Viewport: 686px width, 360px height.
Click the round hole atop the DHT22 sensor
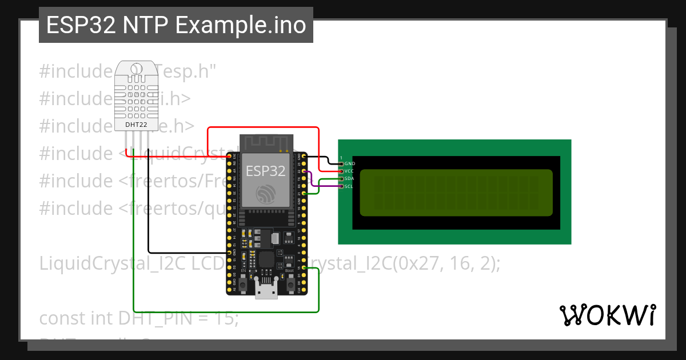click(136, 69)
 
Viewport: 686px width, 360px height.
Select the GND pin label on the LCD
click(350, 164)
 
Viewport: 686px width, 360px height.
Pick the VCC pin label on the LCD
click(350, 171)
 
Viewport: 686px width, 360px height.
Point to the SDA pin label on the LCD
click(350, 179)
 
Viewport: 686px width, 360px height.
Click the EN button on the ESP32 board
click(243, 284)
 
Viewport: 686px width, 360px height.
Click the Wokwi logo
click(607, 315)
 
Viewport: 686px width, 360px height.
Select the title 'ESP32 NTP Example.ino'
click(176, 26)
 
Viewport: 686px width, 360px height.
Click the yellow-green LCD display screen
click(456, 193)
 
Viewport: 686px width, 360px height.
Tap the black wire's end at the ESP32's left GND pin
click(229, 253)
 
